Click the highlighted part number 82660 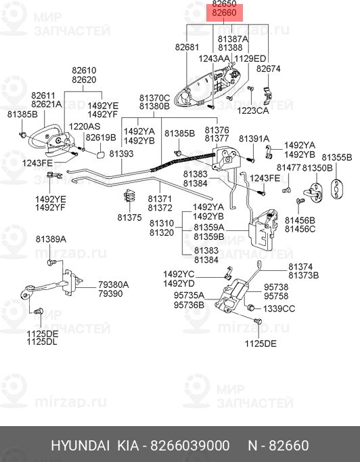224,13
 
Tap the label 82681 187,47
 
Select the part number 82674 268,68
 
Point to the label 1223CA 253,110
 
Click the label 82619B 101,138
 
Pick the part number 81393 121,154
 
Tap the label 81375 129,217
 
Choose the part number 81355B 337,157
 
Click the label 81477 288,167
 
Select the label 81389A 51,239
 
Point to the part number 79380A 114,285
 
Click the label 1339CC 279,308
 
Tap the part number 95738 276,287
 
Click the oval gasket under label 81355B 336,189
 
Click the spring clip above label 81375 129,196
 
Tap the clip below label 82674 267,96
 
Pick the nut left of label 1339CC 251,308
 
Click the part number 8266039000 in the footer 190,446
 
